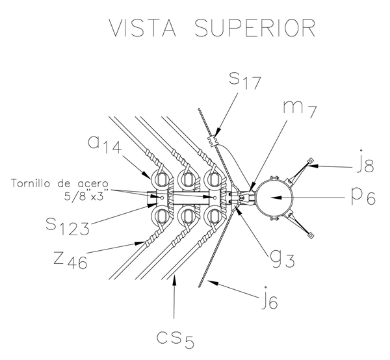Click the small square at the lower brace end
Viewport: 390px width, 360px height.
tap(312, 235)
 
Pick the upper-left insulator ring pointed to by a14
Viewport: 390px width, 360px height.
tap(159, 178)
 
